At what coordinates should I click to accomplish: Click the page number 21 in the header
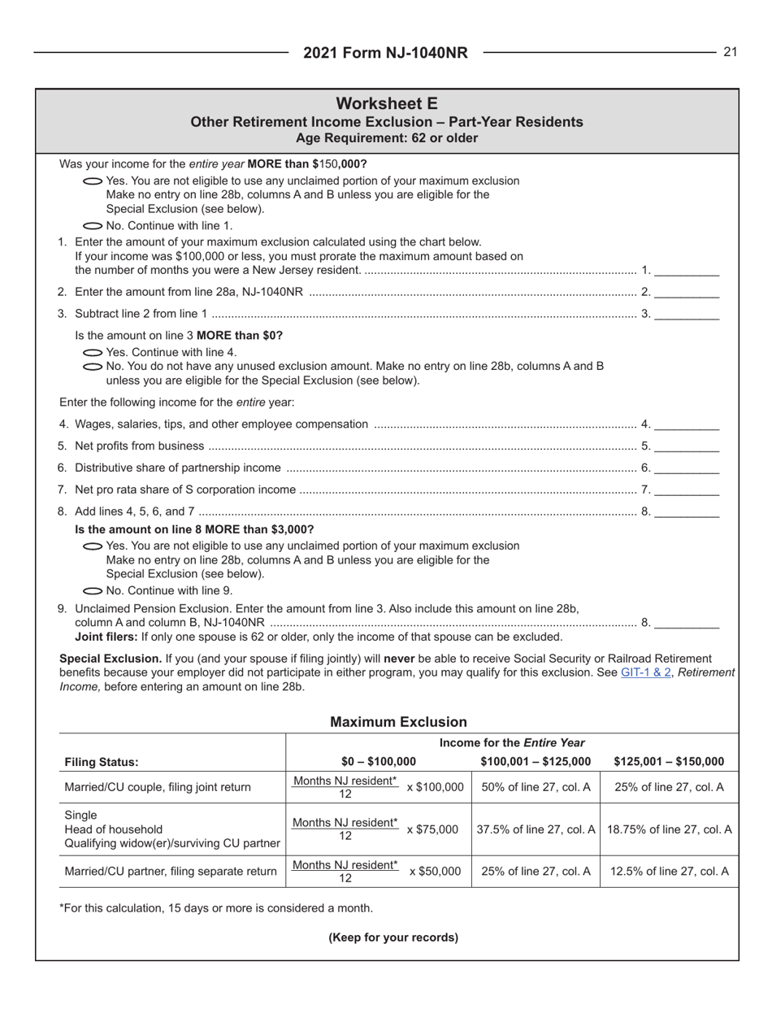(729, 52)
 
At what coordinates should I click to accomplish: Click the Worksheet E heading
(386, 103)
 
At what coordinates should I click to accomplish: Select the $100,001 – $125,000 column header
(536, 762)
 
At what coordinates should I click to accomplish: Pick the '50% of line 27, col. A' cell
(536, 787)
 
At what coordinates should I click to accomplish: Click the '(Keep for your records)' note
(393, 937)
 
